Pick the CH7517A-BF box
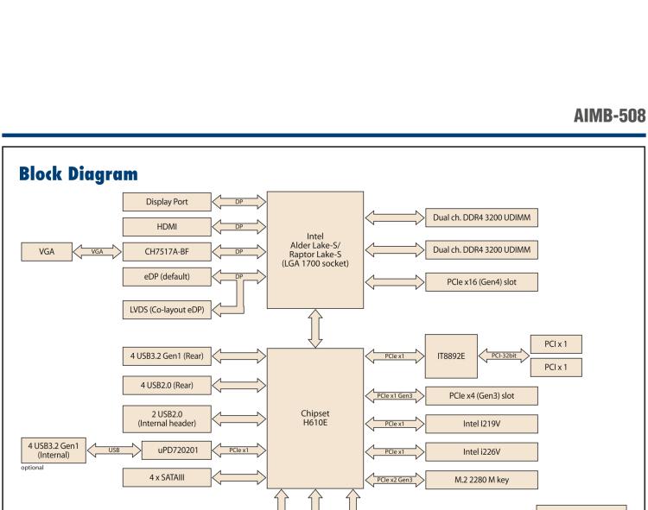(166, 252)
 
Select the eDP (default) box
(166, 276)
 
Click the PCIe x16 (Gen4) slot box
(483, 281)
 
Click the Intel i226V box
(483, 450)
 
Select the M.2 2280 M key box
(483, 480)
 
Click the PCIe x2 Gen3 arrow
(393, 480)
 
